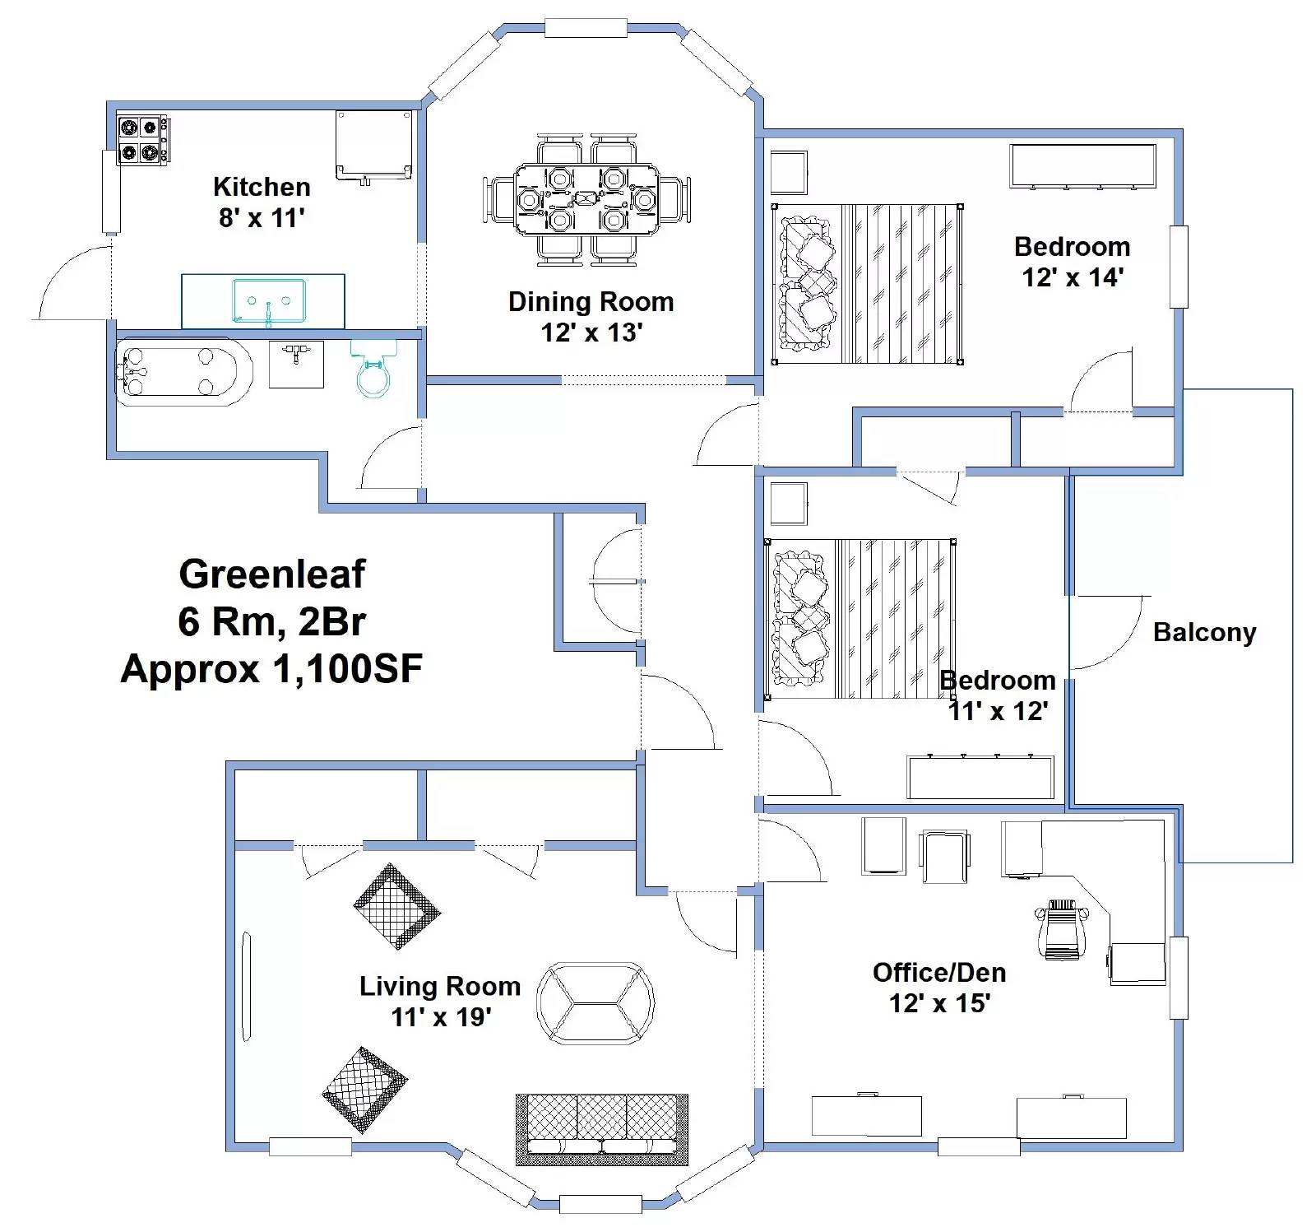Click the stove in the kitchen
[x=141, y=140]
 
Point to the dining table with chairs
[x=586, y=200]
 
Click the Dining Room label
[x=591, y=302]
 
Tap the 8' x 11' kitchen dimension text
[x=262, y=218]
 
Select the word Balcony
[x=1204, y=632]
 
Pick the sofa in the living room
[x=601, y=1128]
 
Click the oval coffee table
[x=595, y=1002]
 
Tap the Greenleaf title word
[x=271, y=574]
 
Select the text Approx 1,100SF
[x=271, y=669]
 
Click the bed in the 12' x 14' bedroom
[x=868, y=284]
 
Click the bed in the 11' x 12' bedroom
[x=860, y=619]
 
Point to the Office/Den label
[x=939, y=973]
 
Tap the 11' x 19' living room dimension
[x=441, y=1018]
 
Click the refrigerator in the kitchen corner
[x=373, y=145]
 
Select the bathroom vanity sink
[x=296, y=363]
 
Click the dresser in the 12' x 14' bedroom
[x=1082, y=165]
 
